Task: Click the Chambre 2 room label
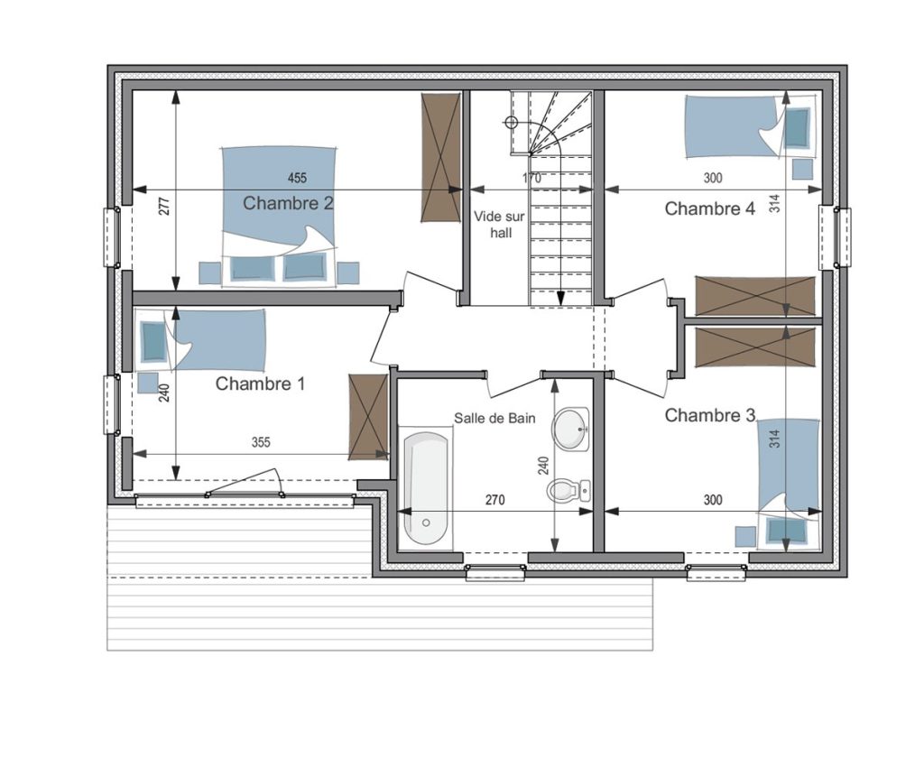pos(288,203)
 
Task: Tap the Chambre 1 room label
pos(261,384)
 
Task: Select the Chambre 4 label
pos(709,208)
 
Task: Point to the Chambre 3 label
pos(709,415)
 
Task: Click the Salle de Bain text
pos(494,419)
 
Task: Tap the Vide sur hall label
pos(500,225)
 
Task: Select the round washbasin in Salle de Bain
pos(570,429)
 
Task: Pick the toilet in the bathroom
pos(568,490)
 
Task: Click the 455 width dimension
pos(297,178)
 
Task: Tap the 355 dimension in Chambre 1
pos(261,442)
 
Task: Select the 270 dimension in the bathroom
pos(495,501)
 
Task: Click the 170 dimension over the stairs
pos(532,178)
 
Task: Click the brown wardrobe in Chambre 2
pos(440,157)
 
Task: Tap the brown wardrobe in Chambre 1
pos(368,417)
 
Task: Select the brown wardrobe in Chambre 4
pos(757,296)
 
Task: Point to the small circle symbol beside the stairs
pos(511,123)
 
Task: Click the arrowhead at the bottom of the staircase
pos(560,298)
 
